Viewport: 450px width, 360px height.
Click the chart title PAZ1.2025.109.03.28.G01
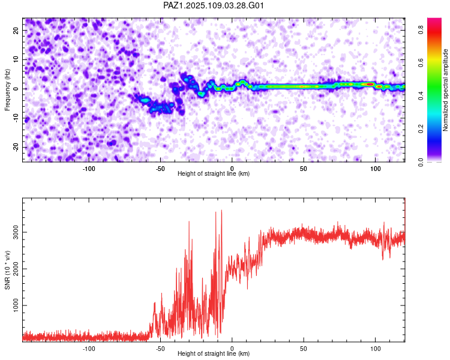213,5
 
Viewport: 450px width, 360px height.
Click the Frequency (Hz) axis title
7,90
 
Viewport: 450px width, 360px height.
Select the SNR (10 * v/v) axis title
7,270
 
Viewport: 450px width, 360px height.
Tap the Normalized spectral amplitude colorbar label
445,90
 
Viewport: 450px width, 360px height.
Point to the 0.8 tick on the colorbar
421,30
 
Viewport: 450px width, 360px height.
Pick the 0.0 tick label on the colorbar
421,162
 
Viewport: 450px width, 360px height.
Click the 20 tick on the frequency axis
16,31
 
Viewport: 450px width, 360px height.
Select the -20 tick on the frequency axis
16,147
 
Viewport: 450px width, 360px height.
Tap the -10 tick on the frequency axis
16,118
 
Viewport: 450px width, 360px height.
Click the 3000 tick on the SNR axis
16,232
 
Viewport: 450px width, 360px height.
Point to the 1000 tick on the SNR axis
16,305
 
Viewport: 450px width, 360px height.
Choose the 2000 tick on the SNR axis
16,269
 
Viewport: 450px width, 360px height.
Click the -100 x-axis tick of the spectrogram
89,169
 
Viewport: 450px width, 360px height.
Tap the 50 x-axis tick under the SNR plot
304,349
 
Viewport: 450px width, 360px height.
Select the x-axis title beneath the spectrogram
214,173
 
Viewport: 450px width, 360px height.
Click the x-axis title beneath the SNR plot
214,353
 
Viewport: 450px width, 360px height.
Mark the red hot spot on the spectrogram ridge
370,84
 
